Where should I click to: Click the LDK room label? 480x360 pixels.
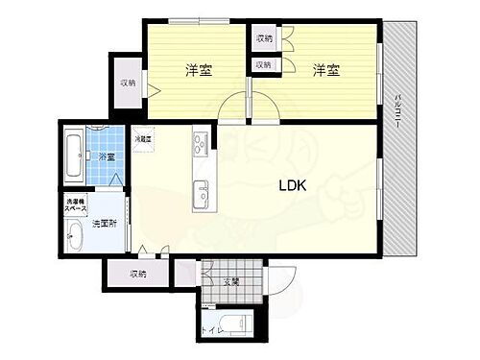[x=292, y=187]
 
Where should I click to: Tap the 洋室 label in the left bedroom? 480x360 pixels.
[x=199, y=69]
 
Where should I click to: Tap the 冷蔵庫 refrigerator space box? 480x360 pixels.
[x=143, y=140]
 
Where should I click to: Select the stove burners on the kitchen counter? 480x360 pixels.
[x=202, y=144]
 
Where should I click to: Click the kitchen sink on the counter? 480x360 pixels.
[x=202, y=186]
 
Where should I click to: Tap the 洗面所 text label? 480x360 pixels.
[x=105, y=224]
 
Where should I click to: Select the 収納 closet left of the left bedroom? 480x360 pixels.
[x=127, y=84]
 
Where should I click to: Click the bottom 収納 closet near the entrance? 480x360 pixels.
[x=137, y=275]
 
